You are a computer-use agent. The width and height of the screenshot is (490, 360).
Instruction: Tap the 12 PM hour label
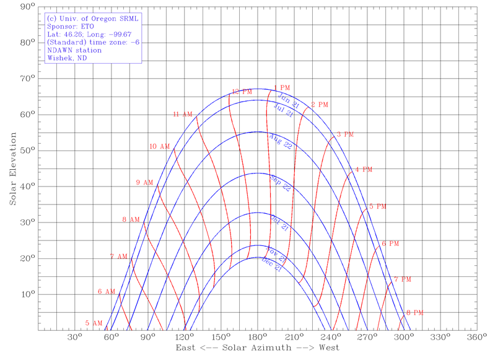(x=240, y=92)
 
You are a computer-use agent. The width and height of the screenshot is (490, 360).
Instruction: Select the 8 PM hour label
(x=414, y=313)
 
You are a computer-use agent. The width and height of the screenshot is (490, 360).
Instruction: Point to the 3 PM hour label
(x=345, y=134)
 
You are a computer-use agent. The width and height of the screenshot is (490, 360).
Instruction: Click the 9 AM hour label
(x=144, y=183)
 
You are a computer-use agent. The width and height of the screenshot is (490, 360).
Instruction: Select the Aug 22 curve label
(x=281, y=142)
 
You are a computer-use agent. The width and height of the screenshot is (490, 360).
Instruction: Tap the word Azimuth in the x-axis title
(x=271, y=351)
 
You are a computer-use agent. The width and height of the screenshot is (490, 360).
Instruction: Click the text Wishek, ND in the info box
(x=66, y=59)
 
